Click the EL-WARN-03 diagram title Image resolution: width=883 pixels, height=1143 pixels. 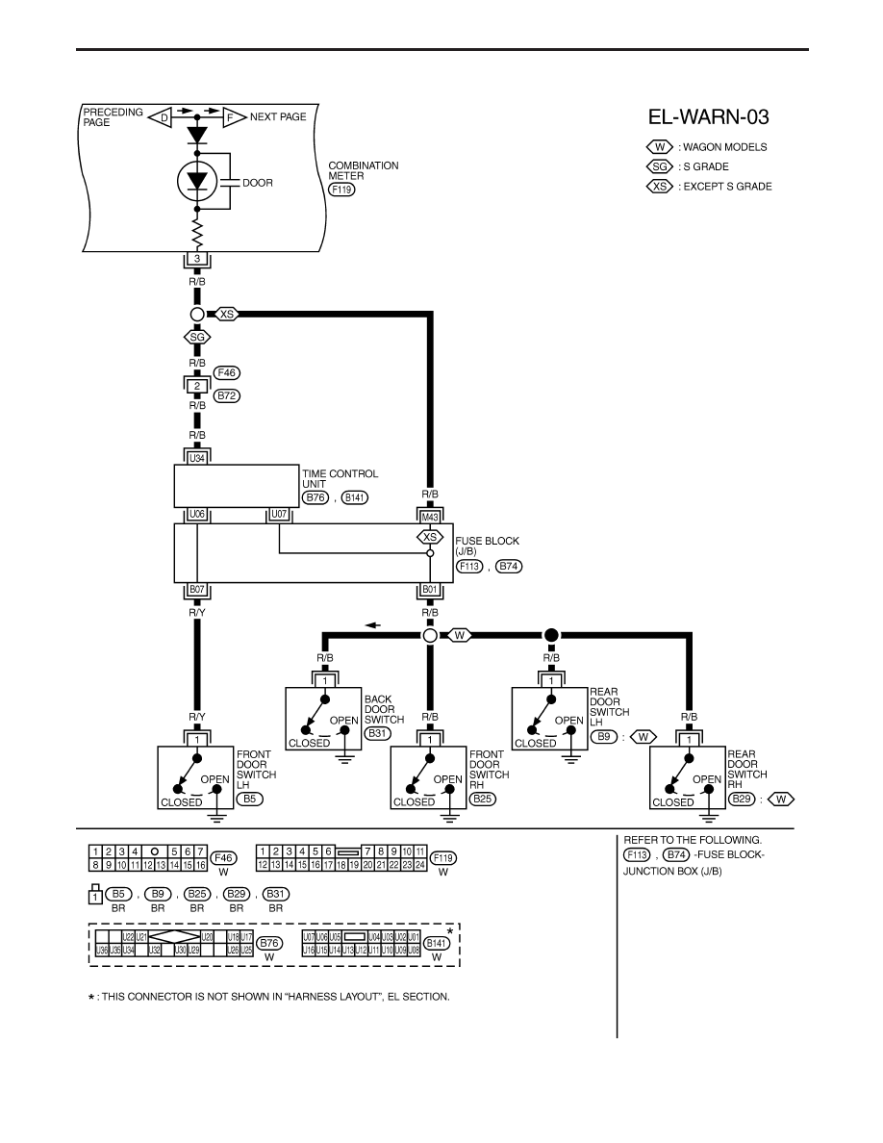click(708, 116)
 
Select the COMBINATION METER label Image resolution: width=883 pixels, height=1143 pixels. click(364, 170)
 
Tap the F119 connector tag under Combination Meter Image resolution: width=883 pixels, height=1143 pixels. click(341, 190)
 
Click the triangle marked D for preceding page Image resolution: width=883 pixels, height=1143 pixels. click(160, 116)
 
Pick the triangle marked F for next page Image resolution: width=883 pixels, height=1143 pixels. click(234, 116)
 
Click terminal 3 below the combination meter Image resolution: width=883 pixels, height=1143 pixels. click(197, 260)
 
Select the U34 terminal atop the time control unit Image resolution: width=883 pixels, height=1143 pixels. click(197, 458)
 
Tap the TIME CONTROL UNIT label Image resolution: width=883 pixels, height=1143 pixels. click(341, 478)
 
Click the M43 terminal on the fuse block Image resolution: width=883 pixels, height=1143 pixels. click(430, 517)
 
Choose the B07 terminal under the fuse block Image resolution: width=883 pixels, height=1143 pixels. click(197, 589)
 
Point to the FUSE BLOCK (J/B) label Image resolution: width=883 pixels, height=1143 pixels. click(488, 546)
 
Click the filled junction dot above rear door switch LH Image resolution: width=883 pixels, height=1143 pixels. click(551, 636)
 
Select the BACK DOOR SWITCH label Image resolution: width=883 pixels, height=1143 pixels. click(384, 709)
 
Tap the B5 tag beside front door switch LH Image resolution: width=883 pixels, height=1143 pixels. click(249, 799)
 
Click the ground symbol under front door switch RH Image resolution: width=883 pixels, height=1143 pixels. click(449, 816)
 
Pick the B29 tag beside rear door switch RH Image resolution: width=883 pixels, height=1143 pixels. click(741, 799)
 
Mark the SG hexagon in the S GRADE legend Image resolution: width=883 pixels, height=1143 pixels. click(659, 166)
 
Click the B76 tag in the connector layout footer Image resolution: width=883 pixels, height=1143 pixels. click(269, 943)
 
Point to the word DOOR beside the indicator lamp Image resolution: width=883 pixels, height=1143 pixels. click(258, 183)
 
